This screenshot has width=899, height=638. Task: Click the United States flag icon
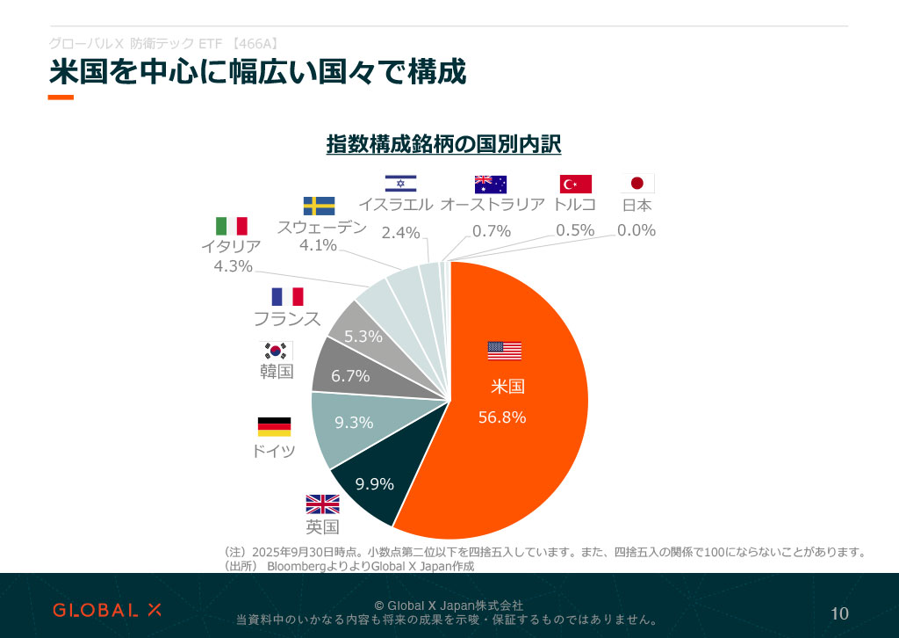click(x=504, y=351)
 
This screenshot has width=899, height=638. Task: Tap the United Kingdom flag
click(x=322, y=504)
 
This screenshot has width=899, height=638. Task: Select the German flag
click(x=274, y=427)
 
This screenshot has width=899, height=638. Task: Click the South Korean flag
click(x=276, y=350)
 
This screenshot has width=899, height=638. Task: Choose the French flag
click(x=287, y=296)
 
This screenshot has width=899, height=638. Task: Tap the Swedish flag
click(x=319, y=206)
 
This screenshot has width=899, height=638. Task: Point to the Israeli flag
click(x=400, y=184)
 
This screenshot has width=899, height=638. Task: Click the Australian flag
click(x=491, y=184)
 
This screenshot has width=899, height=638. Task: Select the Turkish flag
click(x=576, y=184)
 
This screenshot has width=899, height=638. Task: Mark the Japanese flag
click(x=637, y=184)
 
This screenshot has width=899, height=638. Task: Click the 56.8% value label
click(x=502, y=417)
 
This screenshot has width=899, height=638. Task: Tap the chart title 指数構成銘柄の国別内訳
click(x=443, y=143)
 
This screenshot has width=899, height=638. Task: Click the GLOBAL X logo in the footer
click(x=107, y=609)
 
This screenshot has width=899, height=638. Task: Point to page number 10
click(x=839, y=613)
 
